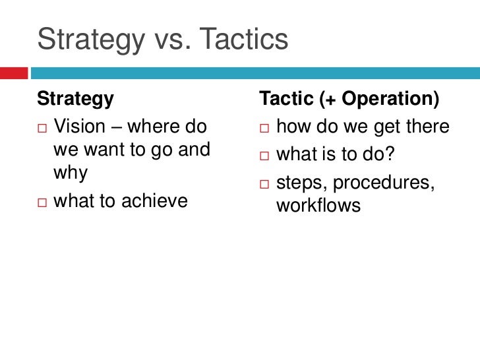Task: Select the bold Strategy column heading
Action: click(75, 99)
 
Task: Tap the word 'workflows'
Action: click(319, 206)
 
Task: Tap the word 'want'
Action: click(95, 151)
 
